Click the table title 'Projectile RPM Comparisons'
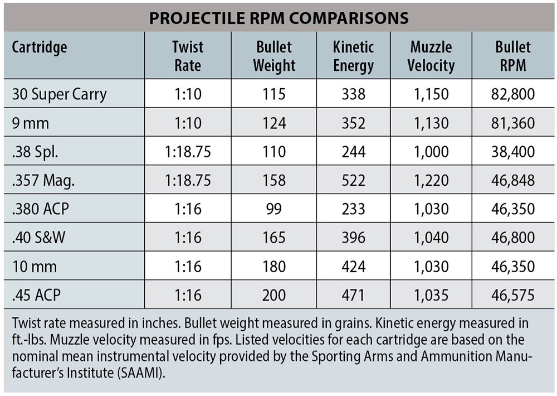click(x=278, y=17)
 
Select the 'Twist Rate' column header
click(x=188, y=56)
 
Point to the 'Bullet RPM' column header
click(x=513, y=56)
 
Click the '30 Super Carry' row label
click(x=59, y=94)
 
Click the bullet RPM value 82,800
click(x=513, y=94)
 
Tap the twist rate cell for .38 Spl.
click(x=188, y=152)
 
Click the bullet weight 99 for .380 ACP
click(x=273, y=209)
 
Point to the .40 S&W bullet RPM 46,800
click(x=513, y=238)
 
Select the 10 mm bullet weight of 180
click(x=273, y=267)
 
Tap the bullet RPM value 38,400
click(x=513, y=152)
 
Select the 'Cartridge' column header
click(x=40, y=47)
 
